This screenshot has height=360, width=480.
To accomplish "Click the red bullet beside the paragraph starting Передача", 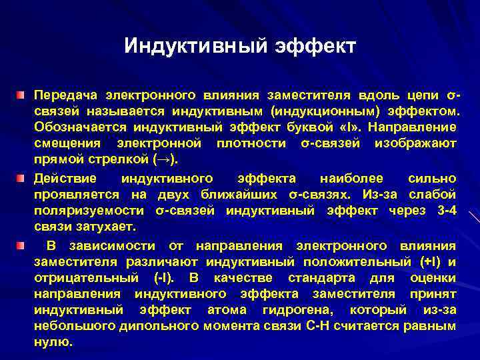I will click(x=22, y=95).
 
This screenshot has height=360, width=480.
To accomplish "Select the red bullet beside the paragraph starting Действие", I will click(x=22, y=178).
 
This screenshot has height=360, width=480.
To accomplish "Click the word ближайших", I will click(x=231, y=195).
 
